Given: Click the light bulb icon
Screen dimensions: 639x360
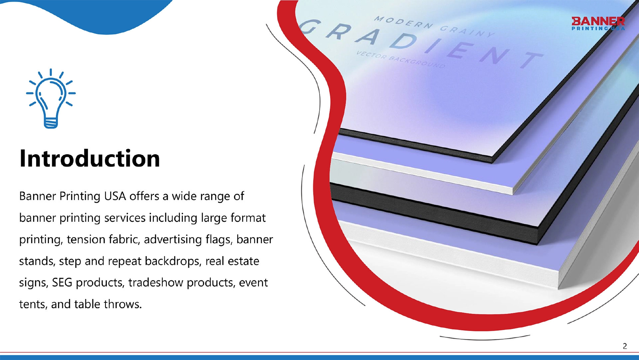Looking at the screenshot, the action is click(51, 99).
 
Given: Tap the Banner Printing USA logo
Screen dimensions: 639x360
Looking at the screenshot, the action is click(598, 24).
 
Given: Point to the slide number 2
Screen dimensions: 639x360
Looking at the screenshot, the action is click(625, 346).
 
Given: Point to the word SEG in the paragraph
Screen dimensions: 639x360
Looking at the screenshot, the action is click(62, 283).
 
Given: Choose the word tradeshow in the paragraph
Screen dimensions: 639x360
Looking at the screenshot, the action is click(155, 282).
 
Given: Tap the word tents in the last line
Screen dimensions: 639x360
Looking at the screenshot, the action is click(33, 304).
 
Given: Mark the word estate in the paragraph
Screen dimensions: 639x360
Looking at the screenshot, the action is click(243, 261).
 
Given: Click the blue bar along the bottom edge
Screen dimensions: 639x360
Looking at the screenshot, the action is click(319, 357).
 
